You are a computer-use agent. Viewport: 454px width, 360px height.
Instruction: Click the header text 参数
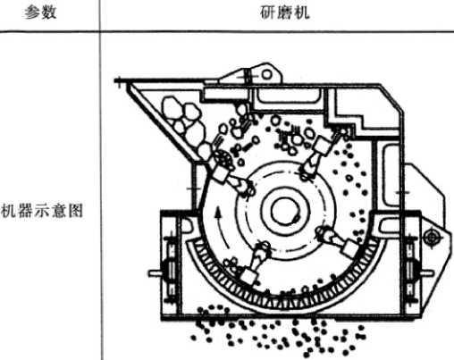[x=40, y=13]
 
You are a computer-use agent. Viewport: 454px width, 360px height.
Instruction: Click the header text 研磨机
[x=285, y=13]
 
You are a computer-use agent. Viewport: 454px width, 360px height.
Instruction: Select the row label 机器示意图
[x=42, y=210]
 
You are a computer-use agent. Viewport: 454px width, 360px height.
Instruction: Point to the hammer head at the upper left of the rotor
[x=220, y=173]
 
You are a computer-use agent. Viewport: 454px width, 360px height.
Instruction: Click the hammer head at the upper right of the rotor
[x=321, y=145]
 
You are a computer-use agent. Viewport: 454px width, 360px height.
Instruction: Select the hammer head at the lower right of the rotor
[x=349, y=248]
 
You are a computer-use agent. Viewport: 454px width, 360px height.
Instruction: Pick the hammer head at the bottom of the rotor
[x=248, y=276]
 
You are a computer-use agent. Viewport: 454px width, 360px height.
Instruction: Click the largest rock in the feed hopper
[x=172, y=106]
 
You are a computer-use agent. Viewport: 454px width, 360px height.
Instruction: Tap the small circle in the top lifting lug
[x=266, y=74]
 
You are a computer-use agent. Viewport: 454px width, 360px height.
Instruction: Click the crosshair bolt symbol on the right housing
[x=431, y=238]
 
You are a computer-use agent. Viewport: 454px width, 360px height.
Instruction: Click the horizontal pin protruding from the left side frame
[x=155, y=272]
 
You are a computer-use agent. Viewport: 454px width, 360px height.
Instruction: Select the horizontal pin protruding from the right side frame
[x=426, y=272]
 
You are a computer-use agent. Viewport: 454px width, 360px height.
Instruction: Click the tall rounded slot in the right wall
[x=391, y=175]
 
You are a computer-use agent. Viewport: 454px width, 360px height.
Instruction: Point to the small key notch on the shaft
[x=296, y=219]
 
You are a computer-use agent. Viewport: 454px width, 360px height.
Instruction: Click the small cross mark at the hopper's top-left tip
[x=120, y=82]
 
